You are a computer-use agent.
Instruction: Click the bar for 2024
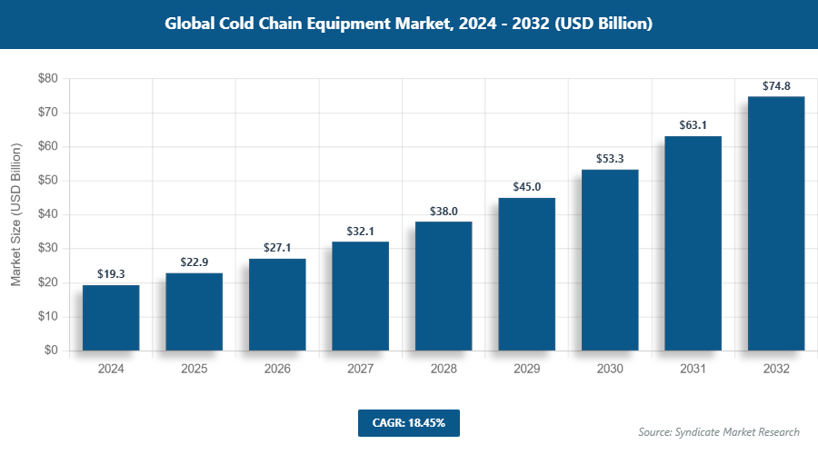[111, 318]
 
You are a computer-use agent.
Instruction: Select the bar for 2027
[360, 296]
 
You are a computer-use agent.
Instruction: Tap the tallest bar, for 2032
[775, 223]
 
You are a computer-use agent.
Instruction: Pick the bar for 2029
[526, 274]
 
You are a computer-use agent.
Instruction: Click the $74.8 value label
[775, 86]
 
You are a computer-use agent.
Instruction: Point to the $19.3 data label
[111, 274]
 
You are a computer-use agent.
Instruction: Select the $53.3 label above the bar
[610, 159]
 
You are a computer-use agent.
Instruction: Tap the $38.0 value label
[444, 211]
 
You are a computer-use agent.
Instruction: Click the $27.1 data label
[277, 248]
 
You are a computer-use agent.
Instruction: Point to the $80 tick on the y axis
[47, 79]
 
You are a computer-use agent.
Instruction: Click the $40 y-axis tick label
[47, 214]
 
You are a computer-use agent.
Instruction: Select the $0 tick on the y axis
[51, 350]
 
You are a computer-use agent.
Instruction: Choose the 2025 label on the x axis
[194, 370]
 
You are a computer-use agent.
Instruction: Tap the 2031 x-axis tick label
[693, 370]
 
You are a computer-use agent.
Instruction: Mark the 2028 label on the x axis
[444, 370]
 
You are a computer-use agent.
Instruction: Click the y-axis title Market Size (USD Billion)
[16, 214]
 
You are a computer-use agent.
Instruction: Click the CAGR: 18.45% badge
[408, 423]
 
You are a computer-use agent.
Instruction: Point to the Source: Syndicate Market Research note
[718, 432]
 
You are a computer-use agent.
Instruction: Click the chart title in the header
[408, 25]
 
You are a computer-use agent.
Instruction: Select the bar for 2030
[610, 260]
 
